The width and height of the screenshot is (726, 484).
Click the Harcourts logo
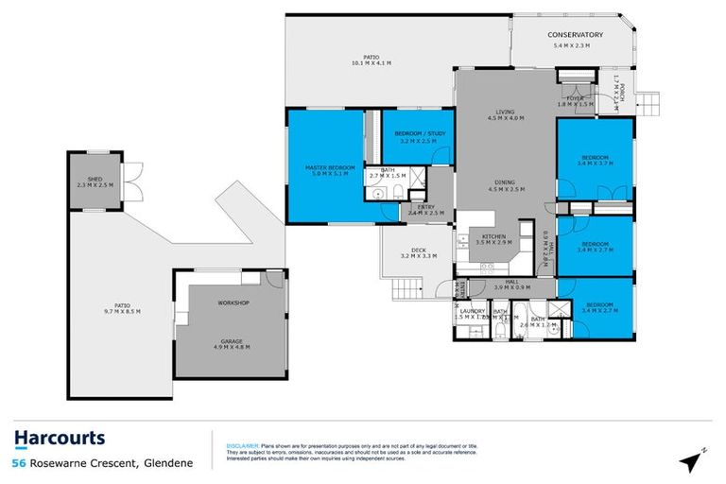pos(59,438)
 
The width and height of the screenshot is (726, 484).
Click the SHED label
pos(95,178)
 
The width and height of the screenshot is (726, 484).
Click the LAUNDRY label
pos(472,311)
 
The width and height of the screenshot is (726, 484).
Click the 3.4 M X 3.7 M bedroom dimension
pos(595,164)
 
